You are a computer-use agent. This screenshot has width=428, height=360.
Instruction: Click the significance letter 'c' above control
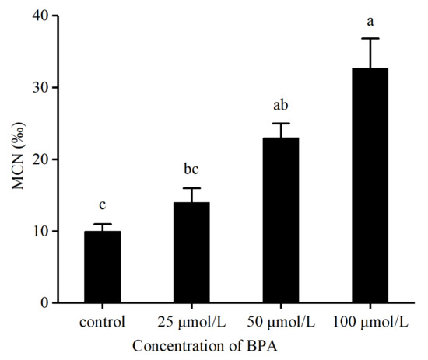coord(103,205)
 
